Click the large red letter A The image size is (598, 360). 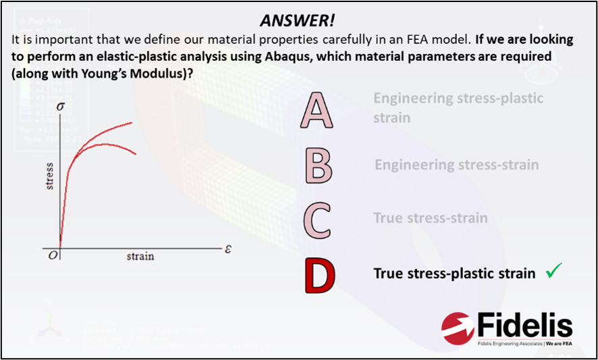[317, 111]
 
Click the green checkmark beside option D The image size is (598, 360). [553, 272]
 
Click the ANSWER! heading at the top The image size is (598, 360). [298, 22]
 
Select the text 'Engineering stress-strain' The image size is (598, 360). [456, 165]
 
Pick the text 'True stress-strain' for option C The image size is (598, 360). [431, 218]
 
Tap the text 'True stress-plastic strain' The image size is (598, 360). [455, 274]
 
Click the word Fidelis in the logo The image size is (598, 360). [524, 326]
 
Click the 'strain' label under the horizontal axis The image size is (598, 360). [140, 256]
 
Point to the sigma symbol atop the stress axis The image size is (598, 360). [60, 106]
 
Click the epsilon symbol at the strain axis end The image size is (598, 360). [227, 250]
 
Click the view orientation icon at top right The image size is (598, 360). [543, 51]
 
